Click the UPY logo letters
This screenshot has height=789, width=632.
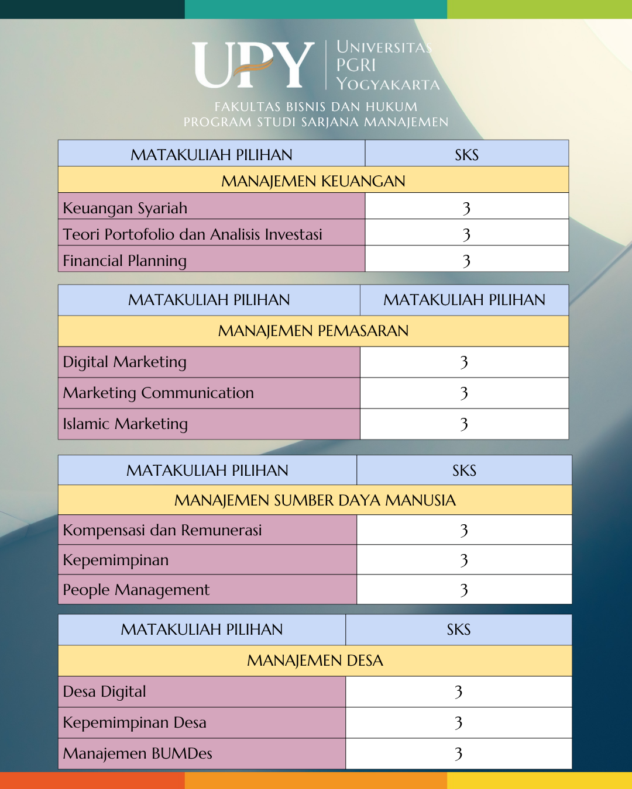[x=253, y=65]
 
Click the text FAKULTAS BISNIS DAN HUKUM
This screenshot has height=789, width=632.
[x=316, y=107]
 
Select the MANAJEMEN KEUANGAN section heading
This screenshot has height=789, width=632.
[x=313, y=181]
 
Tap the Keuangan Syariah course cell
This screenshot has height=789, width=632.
[x=125, y=208]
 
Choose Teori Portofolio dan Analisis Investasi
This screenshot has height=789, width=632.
[x=193, y=234]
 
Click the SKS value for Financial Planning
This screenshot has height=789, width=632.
[x=466, y=261]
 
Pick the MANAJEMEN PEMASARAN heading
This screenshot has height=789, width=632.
[x=313, y=331]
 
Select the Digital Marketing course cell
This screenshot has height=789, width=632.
[x=125, y=362]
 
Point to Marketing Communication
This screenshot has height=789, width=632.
[x=159, y=393]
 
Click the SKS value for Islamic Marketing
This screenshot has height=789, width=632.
[x=464, y=424]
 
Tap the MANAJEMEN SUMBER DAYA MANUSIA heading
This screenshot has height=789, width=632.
[x=315, y=500]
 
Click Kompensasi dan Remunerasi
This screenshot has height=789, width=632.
[x=162, y=530]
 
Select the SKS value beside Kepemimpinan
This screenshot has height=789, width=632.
[x=464, y=560]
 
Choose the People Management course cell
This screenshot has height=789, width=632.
[x=136, y=590]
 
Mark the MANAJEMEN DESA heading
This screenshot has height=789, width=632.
[x=315, y=660]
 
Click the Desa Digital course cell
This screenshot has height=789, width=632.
[x=105, y=691]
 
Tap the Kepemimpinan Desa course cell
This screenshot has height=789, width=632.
[x=135, y=722]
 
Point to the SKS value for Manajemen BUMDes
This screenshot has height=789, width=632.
[x=459, y=753]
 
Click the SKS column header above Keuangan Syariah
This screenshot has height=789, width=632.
[x=466, y=155]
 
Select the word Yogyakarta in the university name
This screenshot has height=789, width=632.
[x=388, y=84]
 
